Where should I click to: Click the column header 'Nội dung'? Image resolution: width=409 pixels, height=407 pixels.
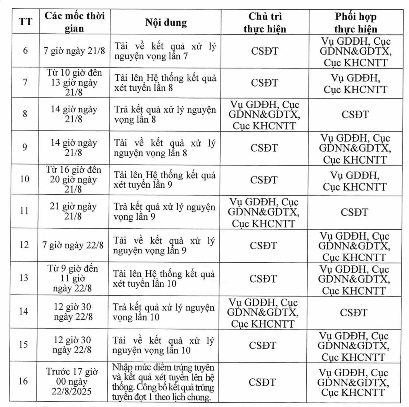point(166,22)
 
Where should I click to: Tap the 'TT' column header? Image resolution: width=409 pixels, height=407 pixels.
point(25,22)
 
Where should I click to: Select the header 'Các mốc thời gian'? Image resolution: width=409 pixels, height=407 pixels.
point(75,22)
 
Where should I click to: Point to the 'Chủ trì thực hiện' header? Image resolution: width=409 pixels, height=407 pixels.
point(265,22)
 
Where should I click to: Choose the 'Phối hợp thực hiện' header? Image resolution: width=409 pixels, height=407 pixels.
point(355,22)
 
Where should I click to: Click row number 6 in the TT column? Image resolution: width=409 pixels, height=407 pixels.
point(25,51)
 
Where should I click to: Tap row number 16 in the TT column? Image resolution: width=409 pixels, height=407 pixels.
point(23,381)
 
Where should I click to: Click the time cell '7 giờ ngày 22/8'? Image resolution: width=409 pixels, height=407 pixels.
point(73,245)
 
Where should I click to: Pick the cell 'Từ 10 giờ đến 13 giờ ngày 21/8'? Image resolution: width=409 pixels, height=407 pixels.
point(74,82)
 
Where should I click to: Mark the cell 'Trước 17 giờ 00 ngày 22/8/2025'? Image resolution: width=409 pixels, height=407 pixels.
point(72,381)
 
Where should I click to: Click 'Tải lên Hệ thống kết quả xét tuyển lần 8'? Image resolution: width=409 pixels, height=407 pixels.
point(165,83)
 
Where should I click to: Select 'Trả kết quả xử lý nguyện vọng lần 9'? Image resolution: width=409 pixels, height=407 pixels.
point(164,212)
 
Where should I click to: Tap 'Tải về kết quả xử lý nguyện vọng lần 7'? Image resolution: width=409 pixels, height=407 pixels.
point(165,51)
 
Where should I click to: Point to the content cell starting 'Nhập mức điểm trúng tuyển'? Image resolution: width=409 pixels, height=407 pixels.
point(163,382)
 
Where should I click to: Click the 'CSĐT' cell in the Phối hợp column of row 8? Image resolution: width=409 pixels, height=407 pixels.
point(355,115)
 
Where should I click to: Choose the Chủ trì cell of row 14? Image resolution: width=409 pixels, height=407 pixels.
point(263,313)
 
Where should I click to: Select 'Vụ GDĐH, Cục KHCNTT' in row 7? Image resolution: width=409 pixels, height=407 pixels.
point(355,84)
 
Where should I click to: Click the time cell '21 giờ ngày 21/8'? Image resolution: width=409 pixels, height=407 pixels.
point(73,211)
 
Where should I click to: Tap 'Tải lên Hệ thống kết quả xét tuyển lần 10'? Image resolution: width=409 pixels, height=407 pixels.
point(164,278)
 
